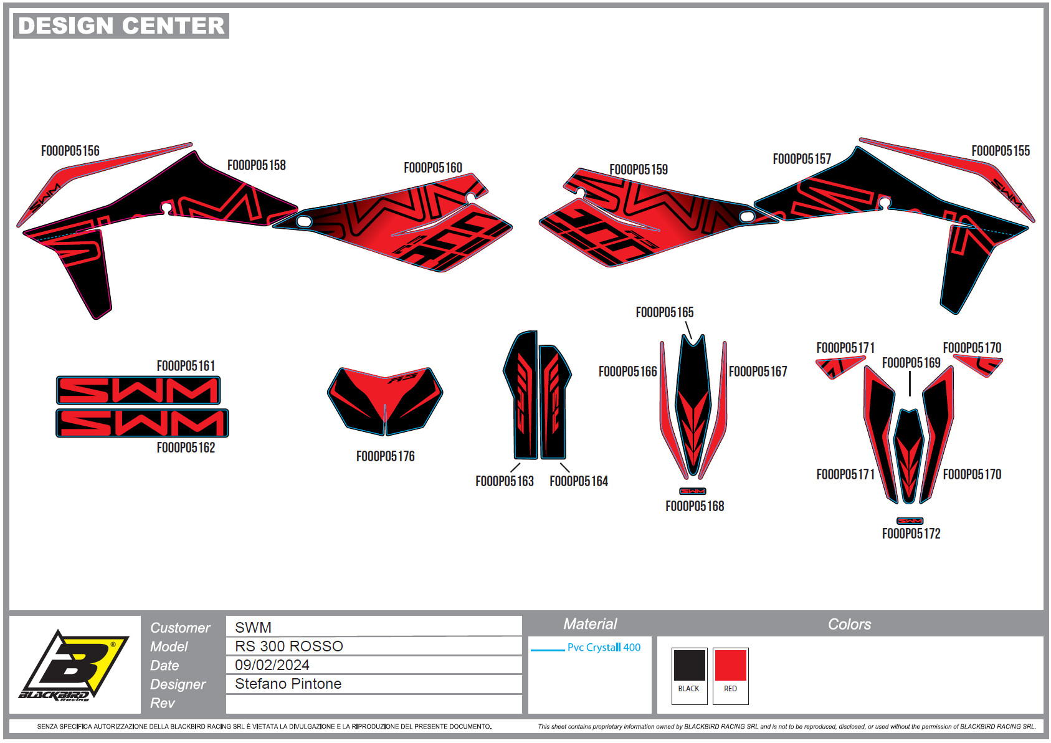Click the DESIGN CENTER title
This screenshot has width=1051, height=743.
click(121, 26)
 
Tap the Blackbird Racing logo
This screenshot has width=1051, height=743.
click(74, 666)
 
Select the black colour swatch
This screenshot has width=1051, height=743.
click(688, 665)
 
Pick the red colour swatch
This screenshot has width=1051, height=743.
click(730, 665)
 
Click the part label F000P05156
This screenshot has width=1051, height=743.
click(70, 151)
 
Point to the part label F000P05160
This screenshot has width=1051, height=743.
click(433, 168)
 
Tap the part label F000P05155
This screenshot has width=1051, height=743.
click(1001, 151)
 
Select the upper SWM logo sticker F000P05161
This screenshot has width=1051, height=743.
click(138, 391)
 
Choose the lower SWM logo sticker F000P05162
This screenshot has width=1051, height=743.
click(142, 423)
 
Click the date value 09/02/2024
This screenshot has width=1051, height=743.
click(272, 665)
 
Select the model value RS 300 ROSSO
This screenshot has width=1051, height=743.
click(289, 646)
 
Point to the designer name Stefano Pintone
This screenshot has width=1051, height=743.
click(288, 684)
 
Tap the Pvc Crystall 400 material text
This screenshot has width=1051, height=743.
click(604, 648)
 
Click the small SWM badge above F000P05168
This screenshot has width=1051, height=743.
click(693, 491)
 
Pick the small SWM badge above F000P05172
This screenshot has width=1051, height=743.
click(910, 521)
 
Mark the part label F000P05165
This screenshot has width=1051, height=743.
click(665, 312)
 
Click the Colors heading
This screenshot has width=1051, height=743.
click(849, 625)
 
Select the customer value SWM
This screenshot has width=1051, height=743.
click(253, 628)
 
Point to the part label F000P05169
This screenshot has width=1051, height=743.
click(911, 363)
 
